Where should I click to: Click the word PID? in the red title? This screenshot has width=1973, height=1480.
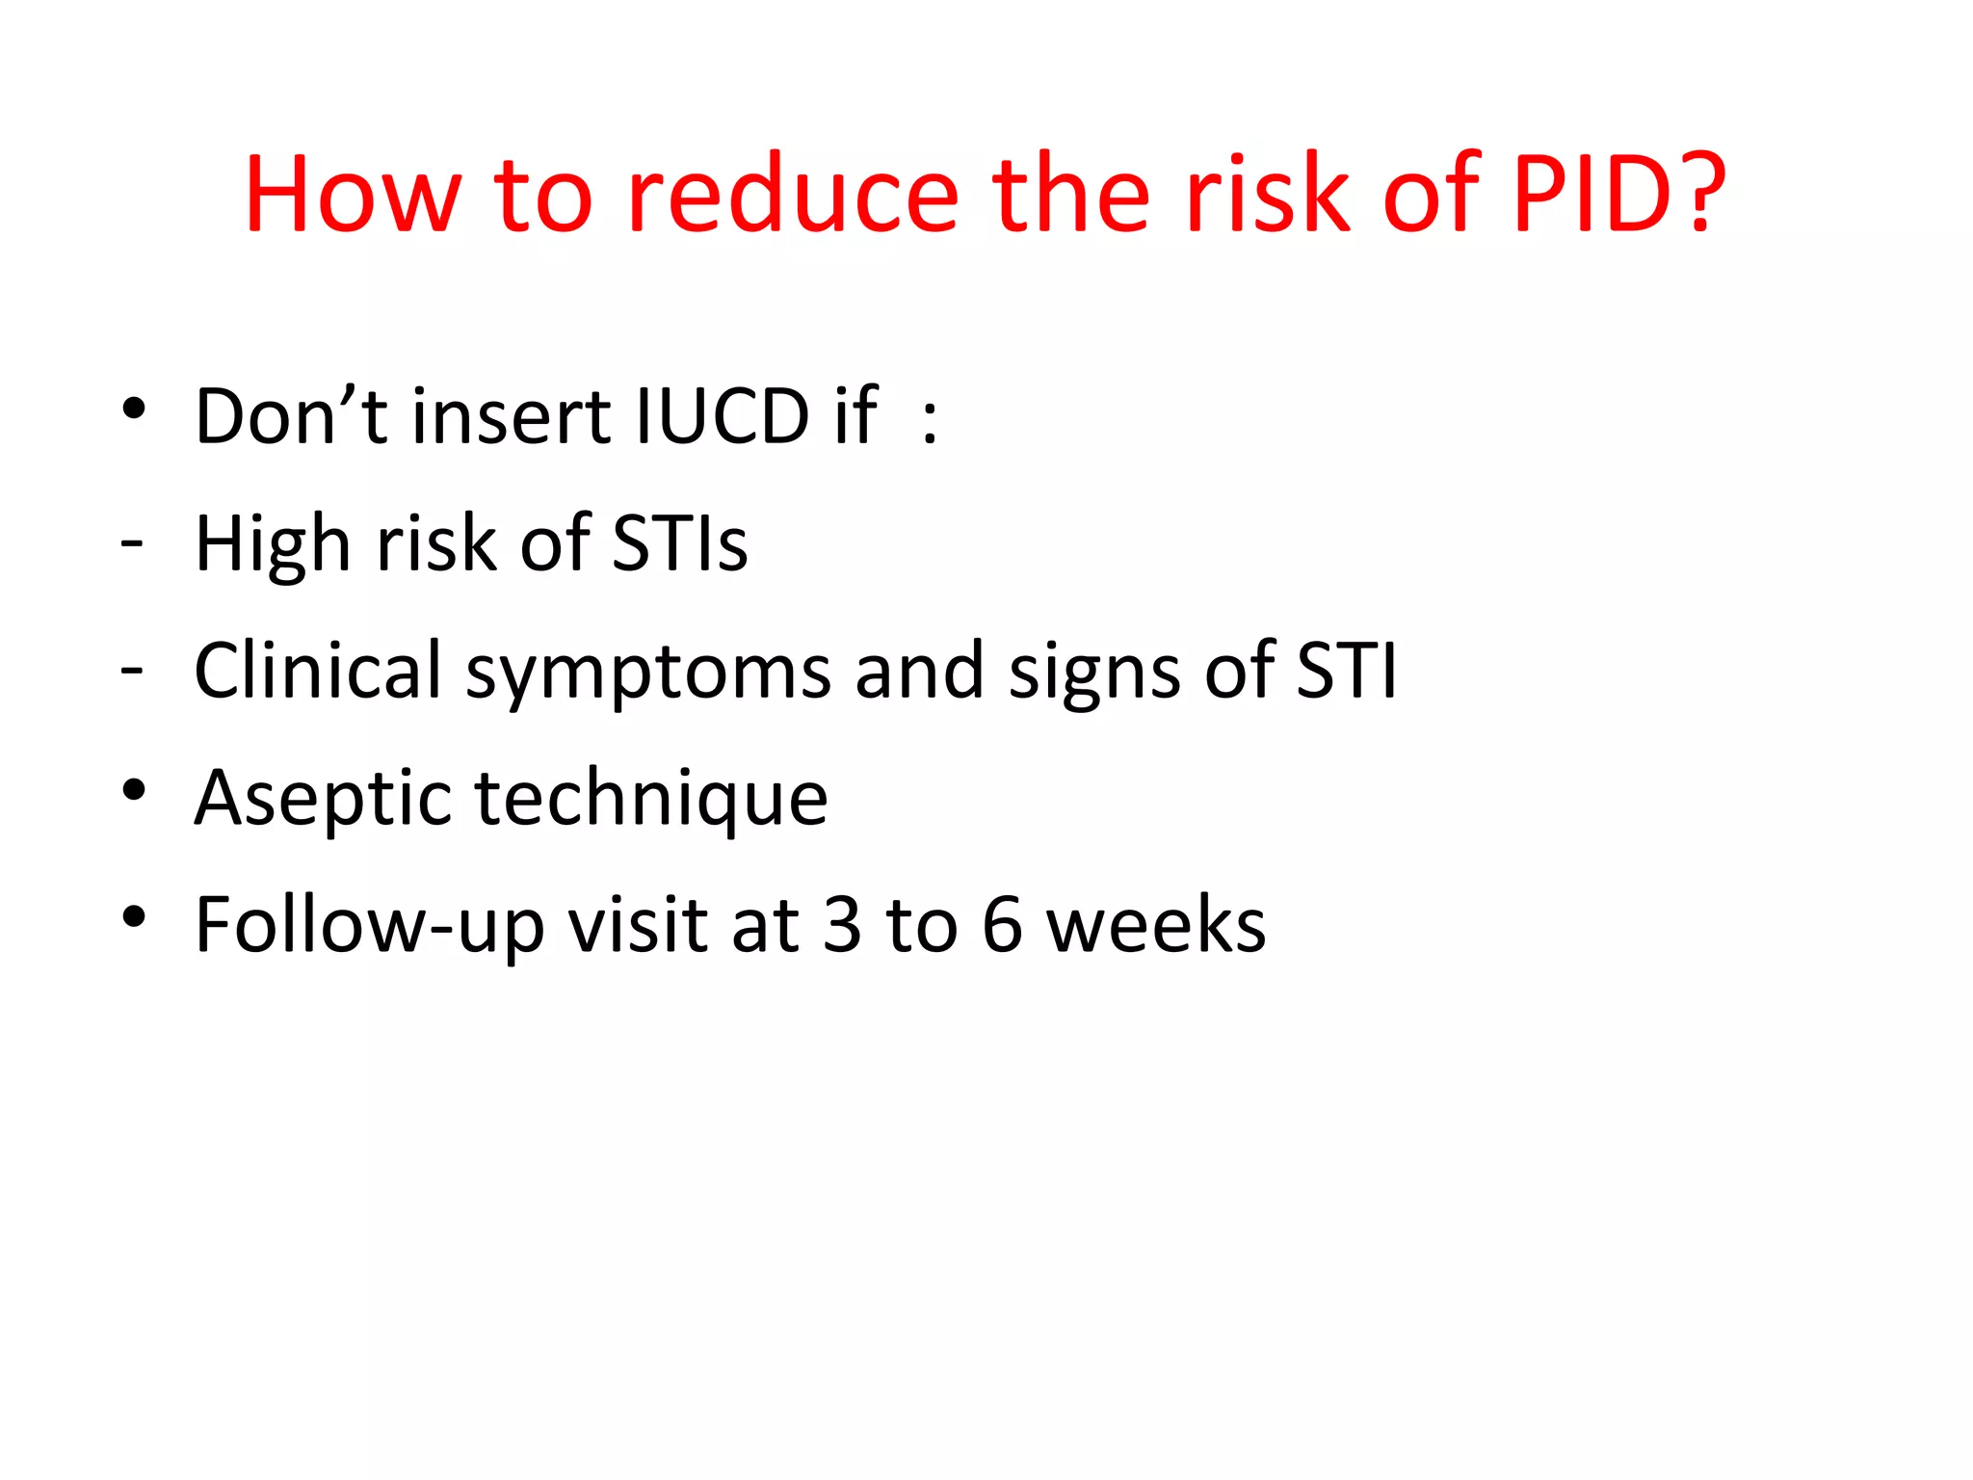coord(1618,195)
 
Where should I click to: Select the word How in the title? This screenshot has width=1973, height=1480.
coord(353,195)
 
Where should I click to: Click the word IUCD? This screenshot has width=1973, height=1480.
coord(723,416)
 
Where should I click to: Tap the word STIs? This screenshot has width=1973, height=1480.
coord(680,543)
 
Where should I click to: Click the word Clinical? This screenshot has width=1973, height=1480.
coord(318,671)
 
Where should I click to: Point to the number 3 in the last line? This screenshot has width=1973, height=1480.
coord(843,925)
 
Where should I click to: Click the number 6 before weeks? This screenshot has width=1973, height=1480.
coord(1002,925)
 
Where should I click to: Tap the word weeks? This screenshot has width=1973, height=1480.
coord(1157,925)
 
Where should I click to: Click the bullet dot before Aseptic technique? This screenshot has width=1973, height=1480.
coord(134,790)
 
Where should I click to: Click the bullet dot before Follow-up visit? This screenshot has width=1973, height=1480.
coord(134,916)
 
